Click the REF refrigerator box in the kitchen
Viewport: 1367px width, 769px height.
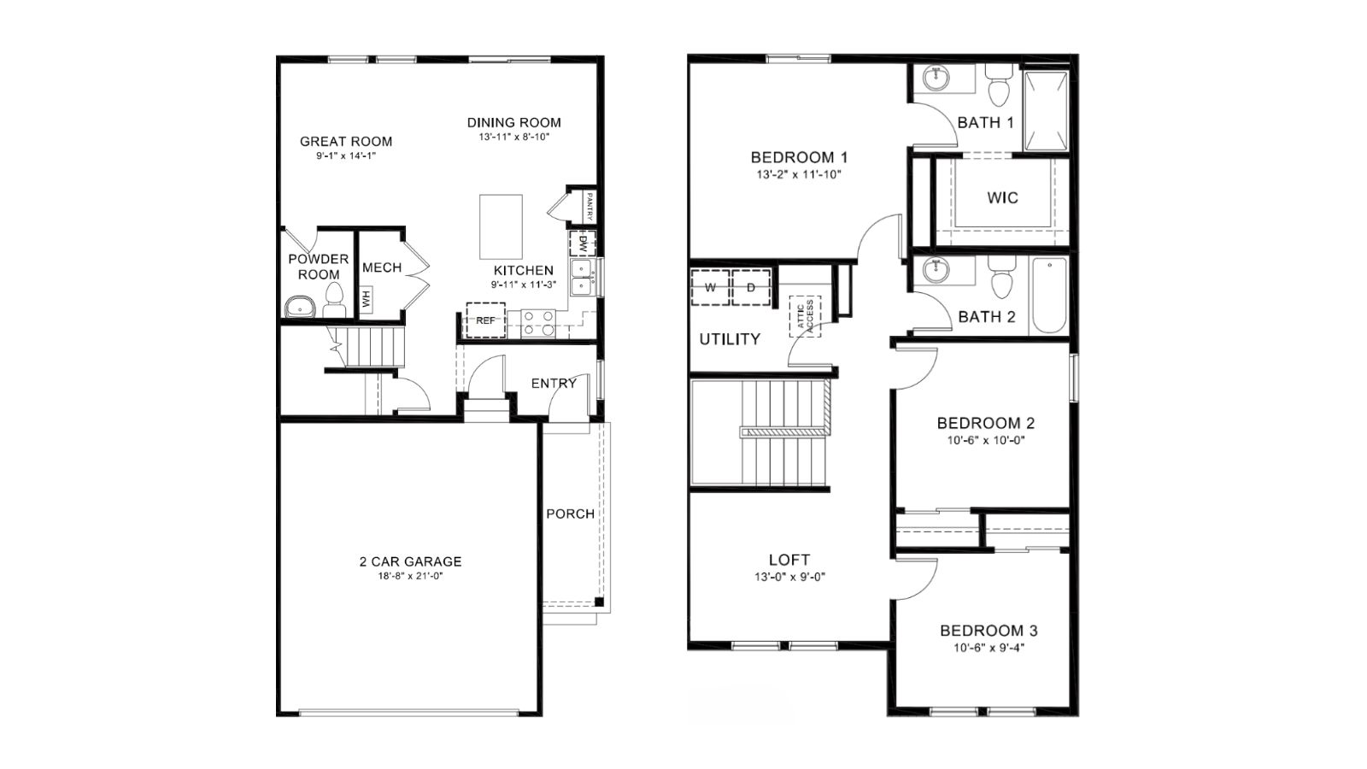point(486,320)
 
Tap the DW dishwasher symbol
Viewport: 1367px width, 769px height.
point(582,244)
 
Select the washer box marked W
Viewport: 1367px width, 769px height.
point(710,287)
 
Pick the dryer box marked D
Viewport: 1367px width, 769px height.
point(751,287)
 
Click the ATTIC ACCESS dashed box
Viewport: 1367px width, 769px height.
point(805,316)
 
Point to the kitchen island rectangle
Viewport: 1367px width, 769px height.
point(501,227)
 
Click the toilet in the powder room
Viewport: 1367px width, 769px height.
point(334,301)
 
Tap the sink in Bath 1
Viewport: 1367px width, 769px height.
point(936,78)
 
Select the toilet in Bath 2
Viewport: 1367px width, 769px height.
point(1001,278)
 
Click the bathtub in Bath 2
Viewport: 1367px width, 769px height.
point(1049,296)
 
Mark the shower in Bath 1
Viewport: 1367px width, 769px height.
point(1046,110)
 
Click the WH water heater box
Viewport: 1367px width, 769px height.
point(367,300)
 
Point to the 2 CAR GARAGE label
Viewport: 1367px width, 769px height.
point(411,561)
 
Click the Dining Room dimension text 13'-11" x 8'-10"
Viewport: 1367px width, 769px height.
point(513,138)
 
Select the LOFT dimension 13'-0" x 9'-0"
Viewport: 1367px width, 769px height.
point(789,577)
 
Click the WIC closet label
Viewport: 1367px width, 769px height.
point(1003,197)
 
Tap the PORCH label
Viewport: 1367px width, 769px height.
point(570,514)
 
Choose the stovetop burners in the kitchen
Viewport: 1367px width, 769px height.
point(539,324)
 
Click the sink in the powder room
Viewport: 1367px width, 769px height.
point(299,308)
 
